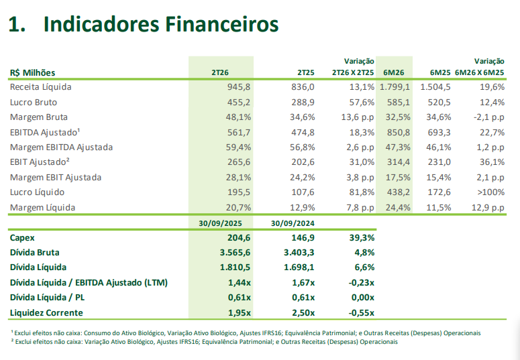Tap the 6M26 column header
tap(393, 72)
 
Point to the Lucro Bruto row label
tap(34, 103)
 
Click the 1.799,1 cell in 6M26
tap(395, 87)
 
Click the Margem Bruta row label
tap(39, 117)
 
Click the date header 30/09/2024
tap(293, 223)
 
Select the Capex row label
tap(22, 237)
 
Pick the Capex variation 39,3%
tap(360, 237)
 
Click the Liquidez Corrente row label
tap(46, 313)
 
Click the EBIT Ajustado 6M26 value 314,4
tap(397, 162)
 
